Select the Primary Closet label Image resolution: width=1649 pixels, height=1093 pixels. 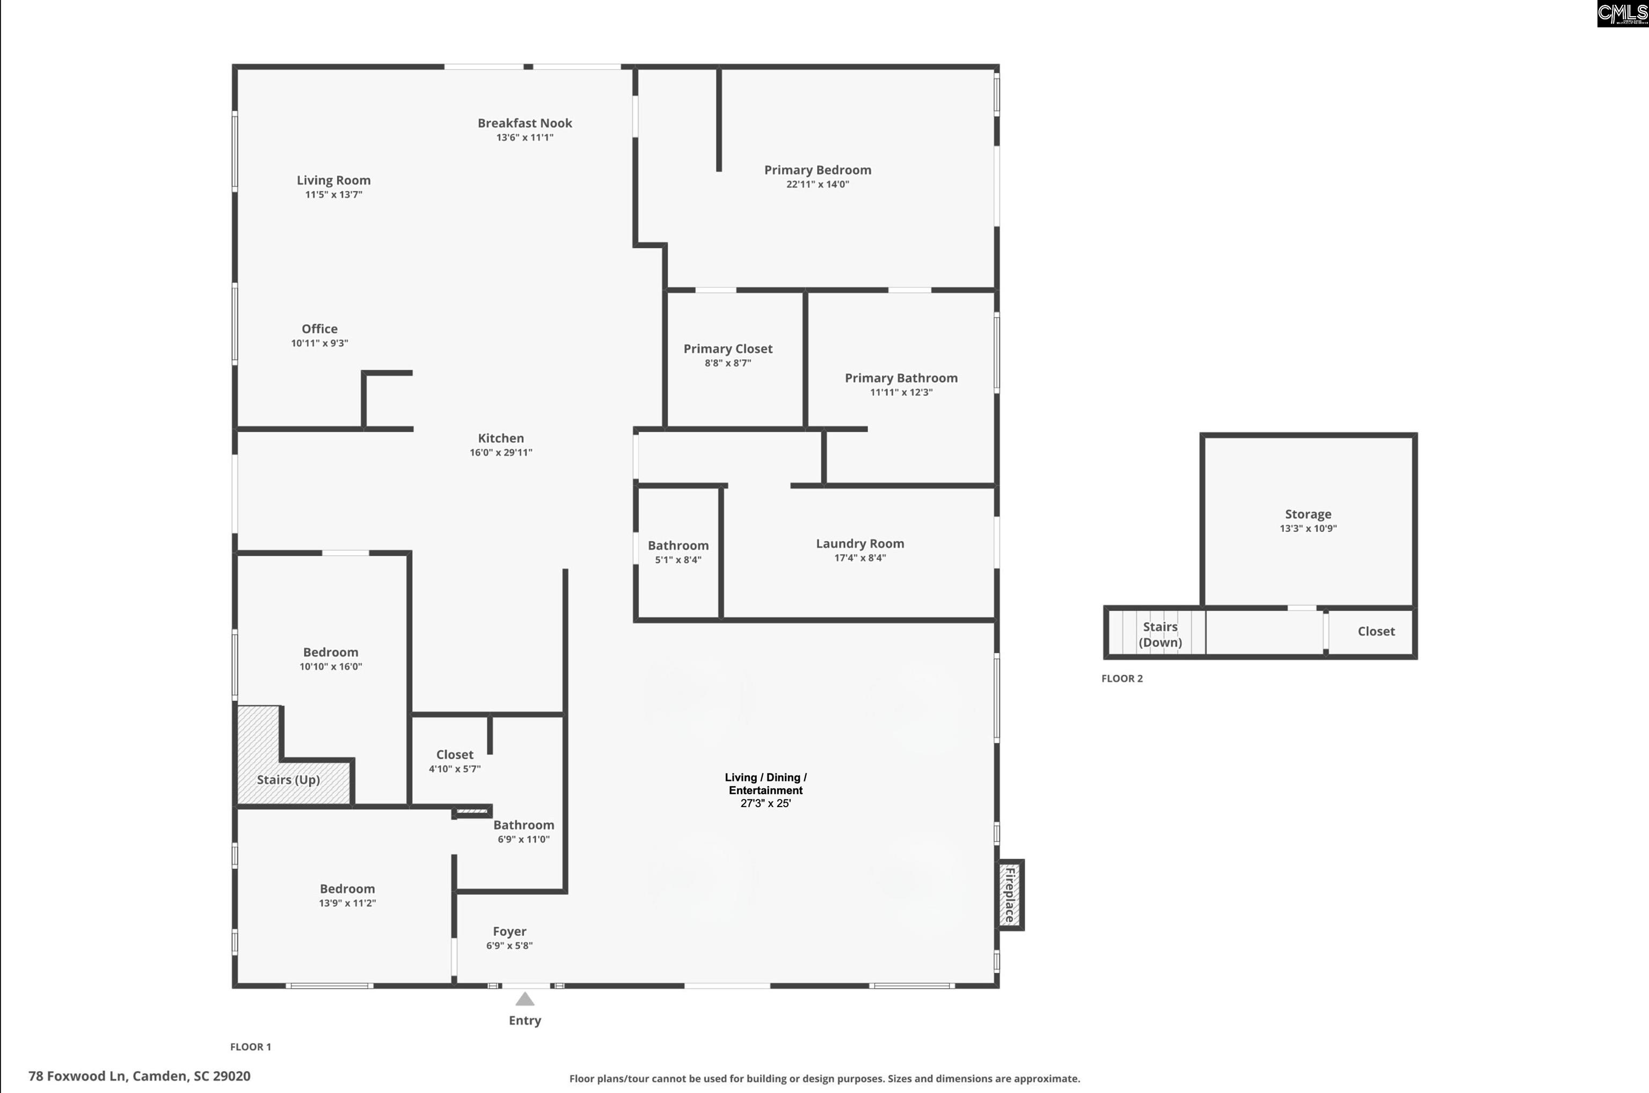[727, 349]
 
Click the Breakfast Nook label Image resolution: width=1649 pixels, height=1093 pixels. [524, 123]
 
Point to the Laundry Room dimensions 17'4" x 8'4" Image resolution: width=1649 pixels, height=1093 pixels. [860, 558]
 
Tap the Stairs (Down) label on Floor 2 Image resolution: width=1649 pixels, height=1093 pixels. [1160, 634]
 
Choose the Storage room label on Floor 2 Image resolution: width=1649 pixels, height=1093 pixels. [1308, 514]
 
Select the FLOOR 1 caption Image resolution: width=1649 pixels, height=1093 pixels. [251, 1046]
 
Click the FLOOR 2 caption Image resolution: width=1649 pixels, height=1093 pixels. [1122, 678]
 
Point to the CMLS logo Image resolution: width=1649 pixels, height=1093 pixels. [1623, 14]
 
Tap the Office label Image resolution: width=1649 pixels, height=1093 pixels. [319, 329]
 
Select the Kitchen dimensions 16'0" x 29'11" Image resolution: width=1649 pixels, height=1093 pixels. [501, 453]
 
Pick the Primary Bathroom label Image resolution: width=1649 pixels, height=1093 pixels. [901, 378]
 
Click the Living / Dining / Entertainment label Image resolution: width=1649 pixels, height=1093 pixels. [766, 784]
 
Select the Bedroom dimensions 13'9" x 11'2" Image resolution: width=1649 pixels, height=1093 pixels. [347, 903]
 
